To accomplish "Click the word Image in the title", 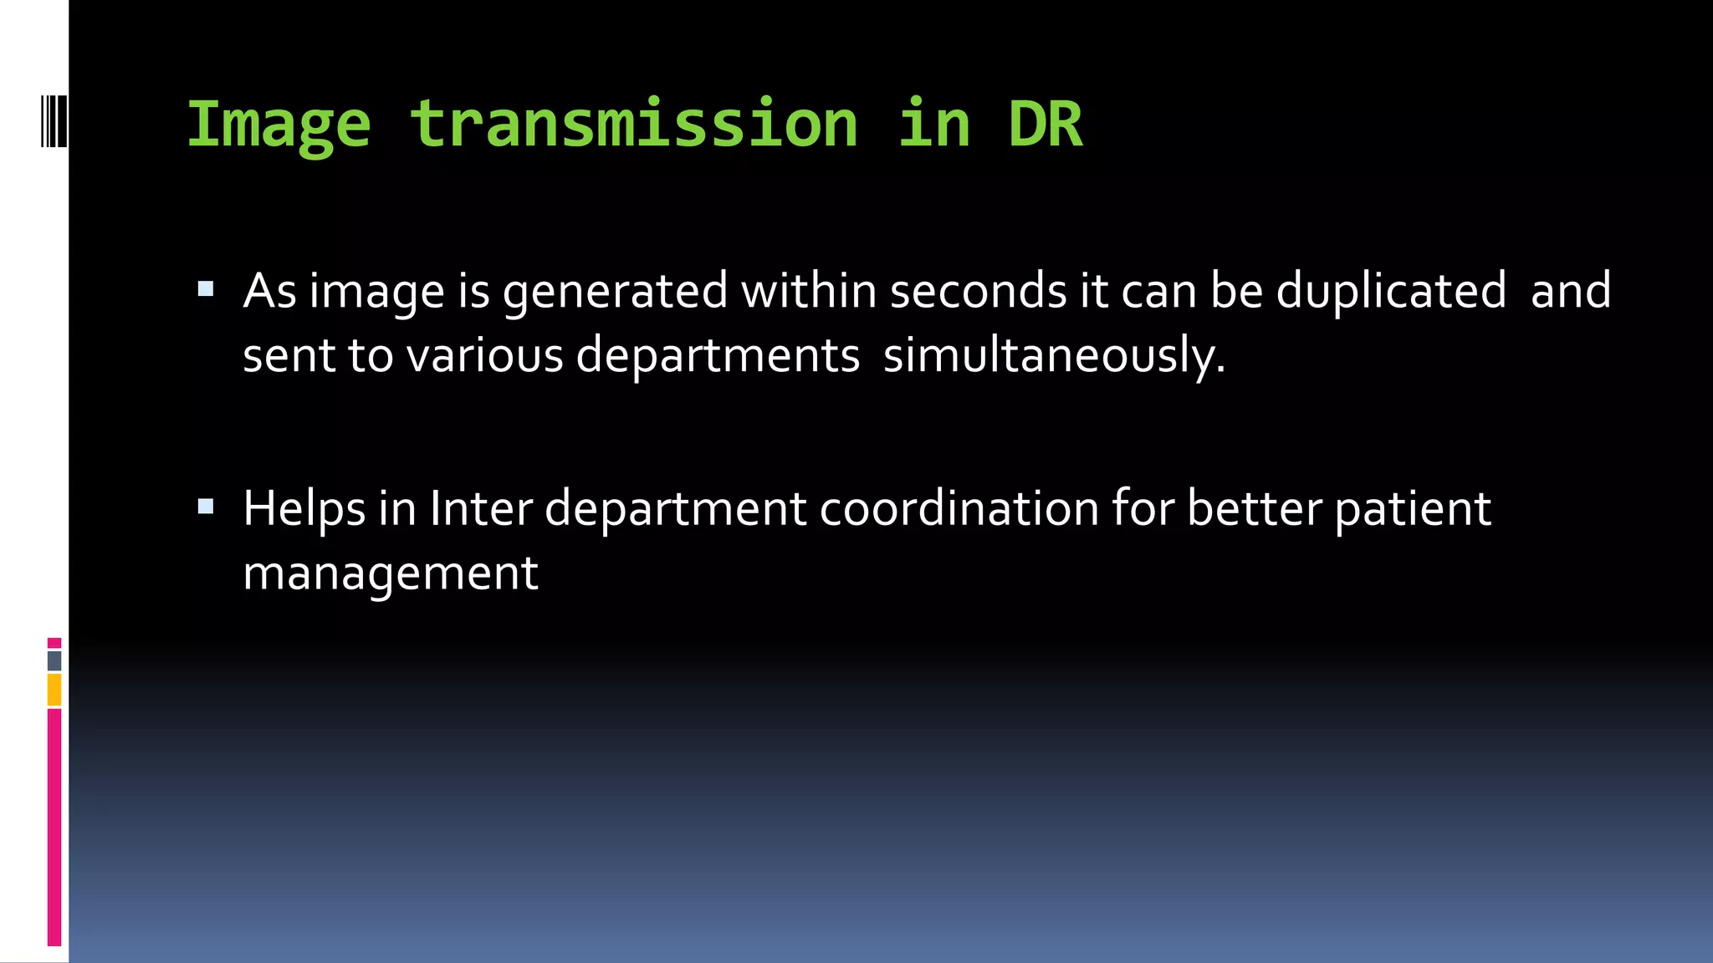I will pyautogui.click(x=278, y=125).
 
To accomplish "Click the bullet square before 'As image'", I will pyautogui.click(x=206, y=290).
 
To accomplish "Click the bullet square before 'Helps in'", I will pyautogui.click(x=206, y=507).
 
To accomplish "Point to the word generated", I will pyautogui.click(x=615, y=293).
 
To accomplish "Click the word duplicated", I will pyautogui.click(x=1390, y=293).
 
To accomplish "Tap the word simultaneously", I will pyautogui.click(x=1054, y=356).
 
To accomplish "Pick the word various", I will pyautogui.click(x=485, y=355).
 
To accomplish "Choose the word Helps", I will pyautogui.click(x=304, y=509).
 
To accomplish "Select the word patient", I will pyautogui.click(x=1413, y=509).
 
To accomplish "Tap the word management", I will pyautogui.click(x=391, y=574).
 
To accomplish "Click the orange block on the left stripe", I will pyautogui.click(x=54, y=690).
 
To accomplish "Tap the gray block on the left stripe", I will pyautogui.click(x=54, y=661).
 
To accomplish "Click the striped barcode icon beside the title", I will pyautogui.click(x=54, y=122).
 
